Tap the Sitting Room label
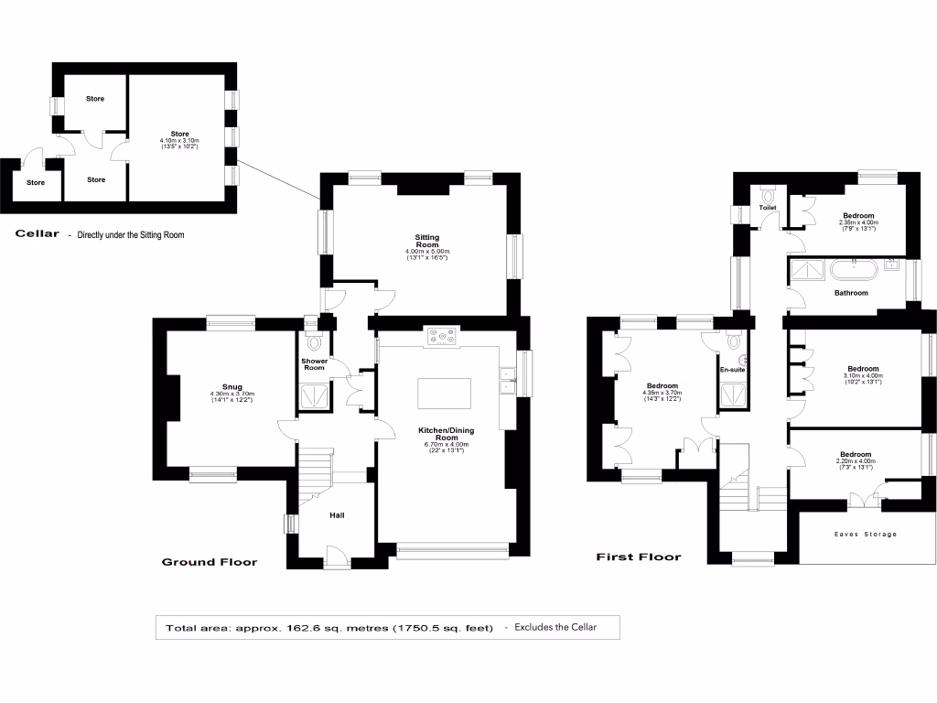click(427, 242)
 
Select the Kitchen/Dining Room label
click(444, 434)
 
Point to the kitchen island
click(445, 394)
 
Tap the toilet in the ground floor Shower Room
click(315, 343)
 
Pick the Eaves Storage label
click(865, 534)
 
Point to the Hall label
click(337, 515)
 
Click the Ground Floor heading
click(210, 562)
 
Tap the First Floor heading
click(639, 557)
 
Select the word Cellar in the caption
click(38, 234)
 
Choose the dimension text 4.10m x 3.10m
click(179, 140)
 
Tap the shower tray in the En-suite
click(734, 395)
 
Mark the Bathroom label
click(851, 293)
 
